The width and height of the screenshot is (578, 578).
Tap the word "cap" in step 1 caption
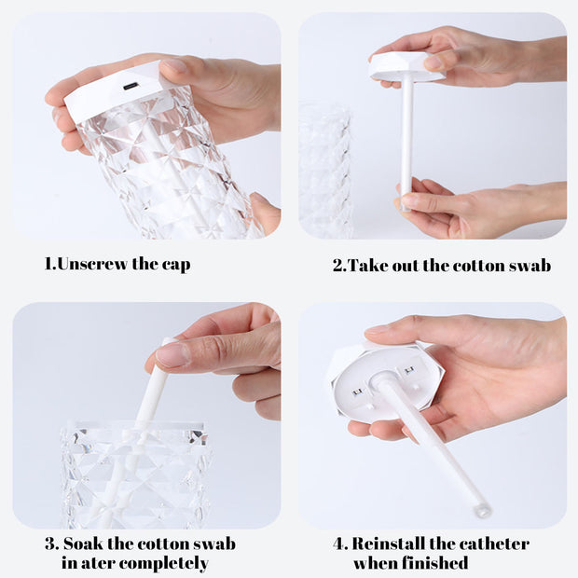[x=174, y=265]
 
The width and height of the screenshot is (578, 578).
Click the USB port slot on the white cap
[x=130, y=86]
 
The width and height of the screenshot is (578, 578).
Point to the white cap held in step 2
[x=406, y=67]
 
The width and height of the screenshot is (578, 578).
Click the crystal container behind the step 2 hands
[x=325, y=168]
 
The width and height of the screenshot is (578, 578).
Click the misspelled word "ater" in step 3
[x=103, y=563]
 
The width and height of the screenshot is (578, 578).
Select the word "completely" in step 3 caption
[x=167, y=564]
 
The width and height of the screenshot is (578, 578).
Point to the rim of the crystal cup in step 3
[x=135, y=429]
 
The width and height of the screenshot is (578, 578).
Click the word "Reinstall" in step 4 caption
[x=392, y=544]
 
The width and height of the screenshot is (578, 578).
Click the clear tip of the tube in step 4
[x=481, y=509]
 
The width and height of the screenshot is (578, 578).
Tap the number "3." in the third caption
[x=51, y=544]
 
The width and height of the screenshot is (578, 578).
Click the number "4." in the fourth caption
[x=341, y=544]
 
